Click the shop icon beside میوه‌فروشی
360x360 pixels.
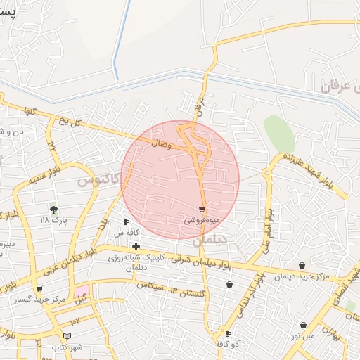point(202,210)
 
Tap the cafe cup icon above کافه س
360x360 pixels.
point(126,222)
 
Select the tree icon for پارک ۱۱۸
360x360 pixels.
point(53,210)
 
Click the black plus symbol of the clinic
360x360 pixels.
point(136,246)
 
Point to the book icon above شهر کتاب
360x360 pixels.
point(67,337)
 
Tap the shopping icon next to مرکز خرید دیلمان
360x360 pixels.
point(302,266)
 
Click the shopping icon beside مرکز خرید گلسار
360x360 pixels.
point(39,289)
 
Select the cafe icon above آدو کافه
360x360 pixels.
point(228,333)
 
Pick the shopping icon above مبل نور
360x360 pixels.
point(303,325)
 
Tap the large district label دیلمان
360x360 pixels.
point(210,240)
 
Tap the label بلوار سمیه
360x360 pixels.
point(46,175)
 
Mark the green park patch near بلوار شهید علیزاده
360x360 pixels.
point(278,133)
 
